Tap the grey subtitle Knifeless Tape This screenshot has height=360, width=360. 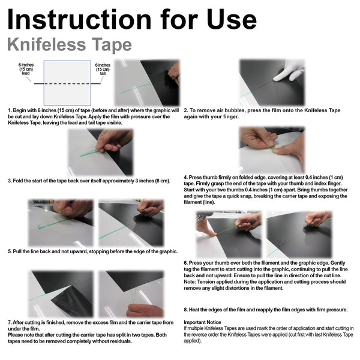coord(70,45)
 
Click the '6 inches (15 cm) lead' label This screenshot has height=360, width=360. coord(26,70)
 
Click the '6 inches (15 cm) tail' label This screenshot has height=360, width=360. coord(103,70)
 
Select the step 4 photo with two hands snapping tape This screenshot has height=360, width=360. coord(271,149)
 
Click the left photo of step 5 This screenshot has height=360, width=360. coord(60,223)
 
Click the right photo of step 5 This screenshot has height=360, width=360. coord(131,223)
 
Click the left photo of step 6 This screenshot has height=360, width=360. coord(229,234)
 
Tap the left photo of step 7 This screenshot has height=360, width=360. coord(61,294)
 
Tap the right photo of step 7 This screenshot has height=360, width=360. coord(130,294)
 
